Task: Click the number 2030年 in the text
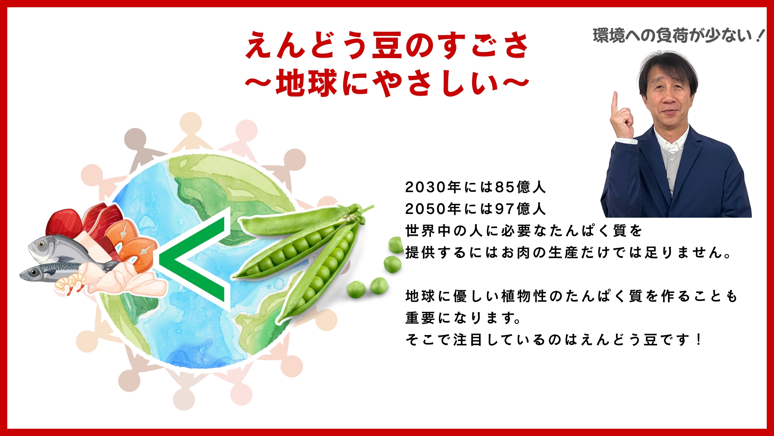433,187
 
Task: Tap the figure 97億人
520,209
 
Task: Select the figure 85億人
520,187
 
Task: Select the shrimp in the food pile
71,283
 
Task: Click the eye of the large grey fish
41,244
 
